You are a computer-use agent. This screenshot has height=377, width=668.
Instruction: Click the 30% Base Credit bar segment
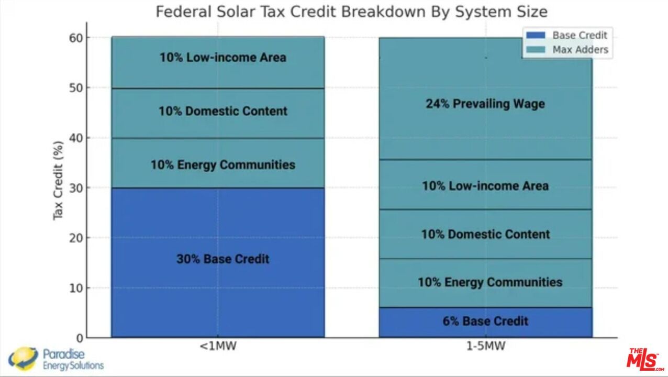218,262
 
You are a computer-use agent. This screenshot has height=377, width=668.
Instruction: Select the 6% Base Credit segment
485,321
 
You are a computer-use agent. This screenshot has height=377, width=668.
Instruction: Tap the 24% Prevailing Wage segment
485,104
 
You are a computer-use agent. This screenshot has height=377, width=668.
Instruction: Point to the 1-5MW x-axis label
485,346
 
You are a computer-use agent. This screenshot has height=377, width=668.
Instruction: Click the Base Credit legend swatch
536,36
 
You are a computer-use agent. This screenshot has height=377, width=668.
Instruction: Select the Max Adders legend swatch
536,50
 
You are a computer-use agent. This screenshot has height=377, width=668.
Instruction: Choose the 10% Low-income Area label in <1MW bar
223,57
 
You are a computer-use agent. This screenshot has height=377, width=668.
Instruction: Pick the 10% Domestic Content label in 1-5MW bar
485,234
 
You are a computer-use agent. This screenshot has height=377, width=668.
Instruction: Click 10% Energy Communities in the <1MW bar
223,165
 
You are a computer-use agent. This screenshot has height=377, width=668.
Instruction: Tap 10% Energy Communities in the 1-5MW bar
489,282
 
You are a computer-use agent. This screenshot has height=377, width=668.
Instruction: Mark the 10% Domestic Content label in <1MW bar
223,111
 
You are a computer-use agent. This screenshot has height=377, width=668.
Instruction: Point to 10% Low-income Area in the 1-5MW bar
485,186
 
